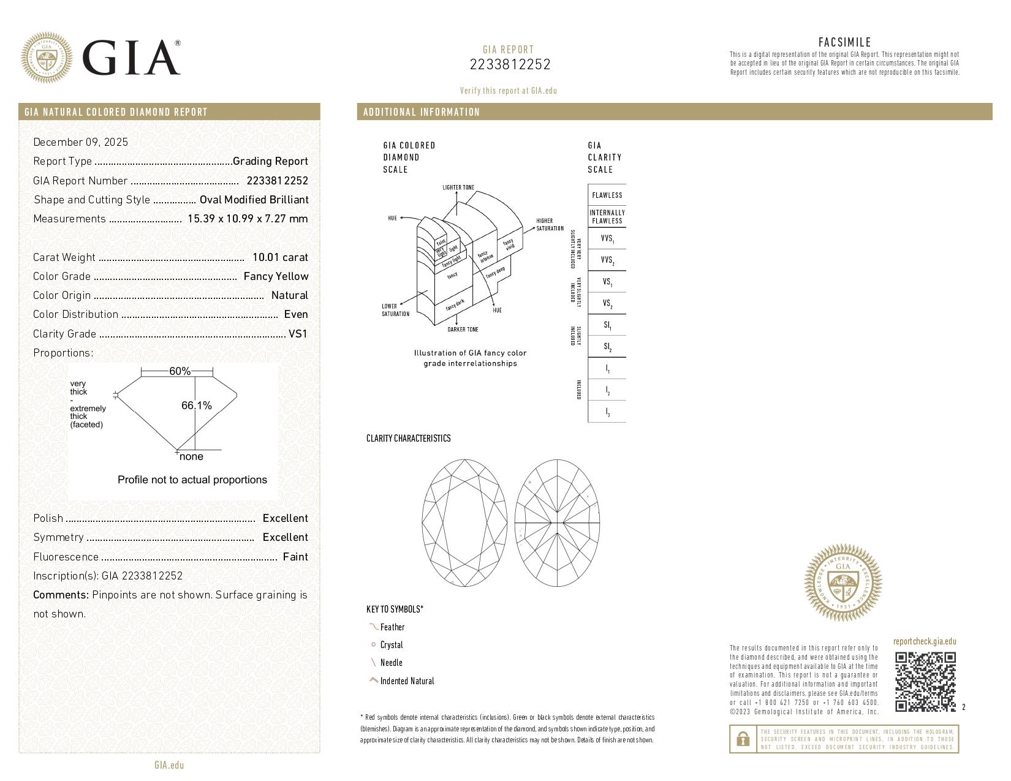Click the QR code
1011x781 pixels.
925,682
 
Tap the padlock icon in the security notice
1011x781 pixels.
743,739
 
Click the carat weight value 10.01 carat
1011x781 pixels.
280,257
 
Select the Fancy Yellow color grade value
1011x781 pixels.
276,276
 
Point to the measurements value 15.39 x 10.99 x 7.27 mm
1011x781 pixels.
248,219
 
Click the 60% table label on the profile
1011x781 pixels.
180,371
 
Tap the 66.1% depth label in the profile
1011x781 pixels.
197,406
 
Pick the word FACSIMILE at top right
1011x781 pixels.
844,42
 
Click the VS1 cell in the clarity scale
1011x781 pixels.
607,282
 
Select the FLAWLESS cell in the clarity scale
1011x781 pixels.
607,195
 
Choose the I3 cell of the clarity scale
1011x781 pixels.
607,412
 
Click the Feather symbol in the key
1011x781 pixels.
373,627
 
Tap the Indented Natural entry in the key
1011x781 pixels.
406,681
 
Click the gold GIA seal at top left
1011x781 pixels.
47,58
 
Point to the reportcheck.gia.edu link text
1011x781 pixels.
924,641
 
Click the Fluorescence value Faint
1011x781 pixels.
295,557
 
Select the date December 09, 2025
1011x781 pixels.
81,142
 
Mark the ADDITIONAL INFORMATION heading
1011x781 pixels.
422,112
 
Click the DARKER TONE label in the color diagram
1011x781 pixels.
463,330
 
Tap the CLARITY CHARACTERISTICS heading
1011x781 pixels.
408,438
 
